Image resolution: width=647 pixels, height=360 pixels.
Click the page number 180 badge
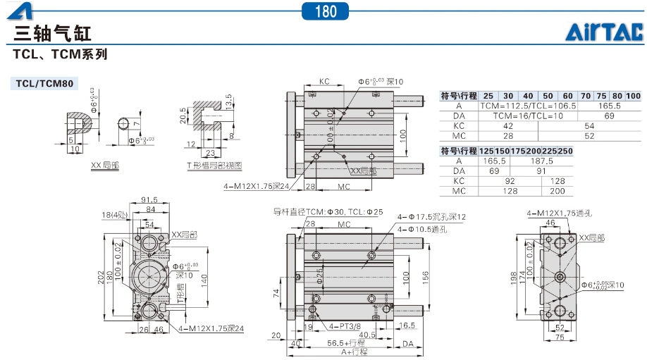pos(326,11)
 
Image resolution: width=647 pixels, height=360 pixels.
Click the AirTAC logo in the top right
pos(604,32)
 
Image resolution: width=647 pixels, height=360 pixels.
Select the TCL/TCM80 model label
pos(45,84)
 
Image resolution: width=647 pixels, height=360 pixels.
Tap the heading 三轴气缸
pos(52,33)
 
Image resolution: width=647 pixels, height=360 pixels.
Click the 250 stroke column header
pos(565,151)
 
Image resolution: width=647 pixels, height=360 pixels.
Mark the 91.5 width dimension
pos(148,200)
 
